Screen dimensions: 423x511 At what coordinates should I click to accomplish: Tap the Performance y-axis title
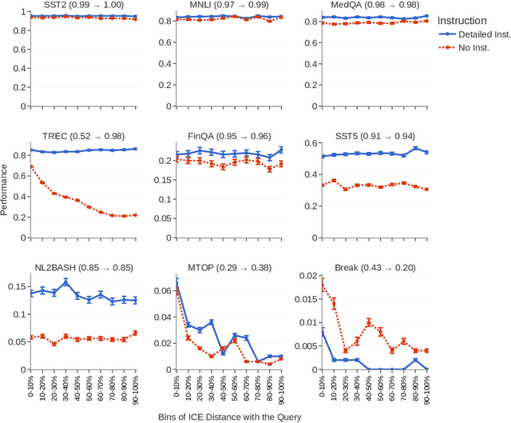tap(6, 190)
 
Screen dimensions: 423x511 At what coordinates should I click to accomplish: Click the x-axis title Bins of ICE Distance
tap(229, 416)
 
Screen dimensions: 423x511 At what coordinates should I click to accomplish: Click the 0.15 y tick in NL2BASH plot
tap(17, 285)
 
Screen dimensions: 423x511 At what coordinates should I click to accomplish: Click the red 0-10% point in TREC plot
tap(30, 167)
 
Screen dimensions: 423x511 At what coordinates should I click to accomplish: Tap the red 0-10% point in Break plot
tap(321, 283)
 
